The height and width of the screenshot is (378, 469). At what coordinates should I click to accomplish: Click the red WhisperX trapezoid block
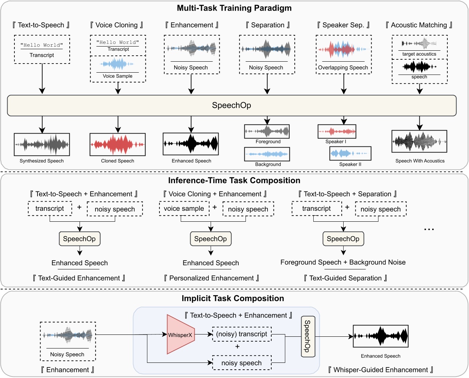point(180,334)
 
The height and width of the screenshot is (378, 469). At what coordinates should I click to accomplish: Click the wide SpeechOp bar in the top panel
point(231,105)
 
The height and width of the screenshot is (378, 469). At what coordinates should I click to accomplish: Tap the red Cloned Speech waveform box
point(117,145)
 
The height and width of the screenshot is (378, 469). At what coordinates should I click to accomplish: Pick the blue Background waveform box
point(267,154)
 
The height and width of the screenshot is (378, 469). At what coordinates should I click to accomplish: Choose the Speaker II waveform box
point(350,153)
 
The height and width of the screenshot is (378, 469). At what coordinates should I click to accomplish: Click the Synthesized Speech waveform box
point(42,145)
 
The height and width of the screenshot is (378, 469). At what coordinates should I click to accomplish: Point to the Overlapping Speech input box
point(344,54)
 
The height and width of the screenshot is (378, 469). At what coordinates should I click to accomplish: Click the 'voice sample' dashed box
point(184,208)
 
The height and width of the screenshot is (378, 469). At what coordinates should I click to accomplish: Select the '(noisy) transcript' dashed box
point(242,334)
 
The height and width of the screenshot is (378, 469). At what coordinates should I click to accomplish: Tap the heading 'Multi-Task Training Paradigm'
point(234,8)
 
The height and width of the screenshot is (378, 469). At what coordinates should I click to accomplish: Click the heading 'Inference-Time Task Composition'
point(234,180)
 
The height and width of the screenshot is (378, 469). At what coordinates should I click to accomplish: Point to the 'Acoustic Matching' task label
point(419,25)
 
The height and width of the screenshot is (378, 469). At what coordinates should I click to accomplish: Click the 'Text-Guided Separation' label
point(345,278)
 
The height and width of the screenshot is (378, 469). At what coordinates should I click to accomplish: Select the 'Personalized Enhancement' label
point(211,278)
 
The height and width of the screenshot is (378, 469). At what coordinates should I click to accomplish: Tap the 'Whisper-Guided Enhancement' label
point(380,370)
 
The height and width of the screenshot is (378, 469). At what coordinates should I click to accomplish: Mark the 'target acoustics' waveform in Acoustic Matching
point(419,44)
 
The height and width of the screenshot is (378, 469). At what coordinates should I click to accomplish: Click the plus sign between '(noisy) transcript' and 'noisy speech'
point(238,347)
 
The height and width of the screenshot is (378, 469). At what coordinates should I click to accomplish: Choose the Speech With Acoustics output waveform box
point(419,142)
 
